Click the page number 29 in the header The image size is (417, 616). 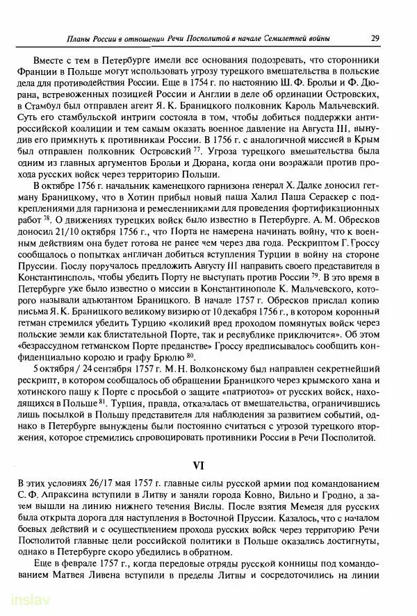375,38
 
